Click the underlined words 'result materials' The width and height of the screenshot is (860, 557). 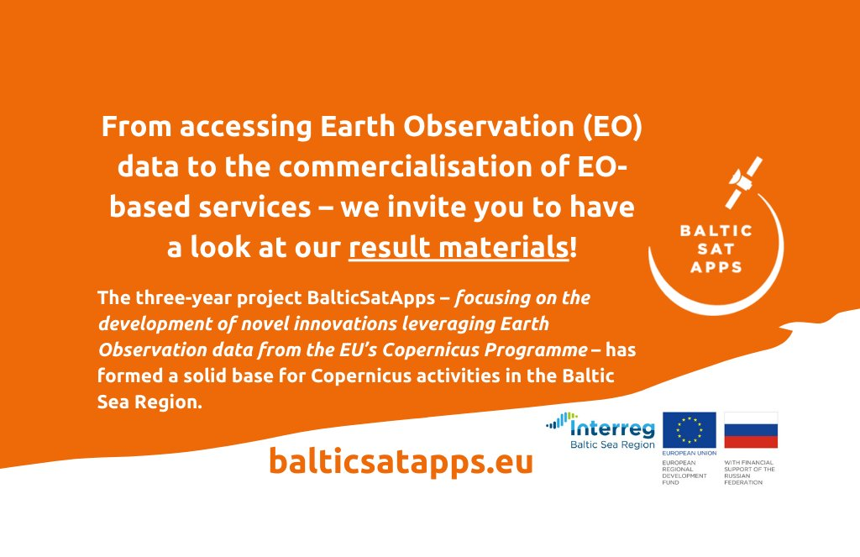[459, 247]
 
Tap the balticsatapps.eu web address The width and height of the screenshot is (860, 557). [401, 461]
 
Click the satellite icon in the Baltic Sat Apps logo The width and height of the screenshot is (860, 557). [744, 181]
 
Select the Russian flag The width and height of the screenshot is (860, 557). [751, 430]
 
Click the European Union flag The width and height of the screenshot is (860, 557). [690, 430]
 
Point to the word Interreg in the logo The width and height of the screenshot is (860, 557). [612, 428]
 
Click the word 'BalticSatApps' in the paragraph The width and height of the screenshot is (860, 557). [370, 297]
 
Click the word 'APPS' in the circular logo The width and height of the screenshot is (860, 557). [716, 268]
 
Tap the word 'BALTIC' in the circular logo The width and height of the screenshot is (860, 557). [716, 230]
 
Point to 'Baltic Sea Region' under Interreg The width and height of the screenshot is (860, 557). [612, 444]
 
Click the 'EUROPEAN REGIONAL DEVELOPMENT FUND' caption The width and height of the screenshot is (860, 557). [684, 472]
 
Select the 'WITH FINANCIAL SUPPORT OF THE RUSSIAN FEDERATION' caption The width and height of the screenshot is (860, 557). [749, 472]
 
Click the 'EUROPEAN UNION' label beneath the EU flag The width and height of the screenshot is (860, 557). [690, 454]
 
